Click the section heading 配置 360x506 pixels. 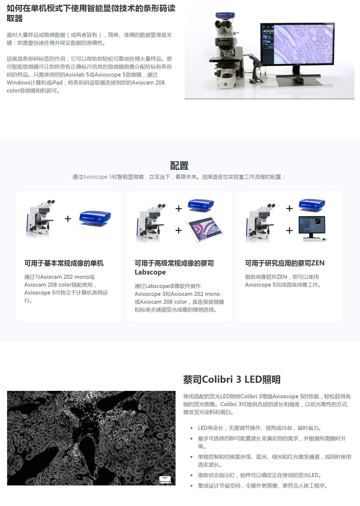point(179,166)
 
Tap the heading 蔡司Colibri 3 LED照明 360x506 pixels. point(232,379)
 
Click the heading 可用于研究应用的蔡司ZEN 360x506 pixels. point(285,263)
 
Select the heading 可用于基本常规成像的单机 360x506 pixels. point(64,263)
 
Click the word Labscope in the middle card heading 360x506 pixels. point(150,272)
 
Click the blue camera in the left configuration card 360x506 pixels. point(95,217)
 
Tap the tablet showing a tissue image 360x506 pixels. point(205,229)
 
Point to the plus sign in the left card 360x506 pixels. point(68,218)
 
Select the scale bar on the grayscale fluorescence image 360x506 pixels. point(165,480)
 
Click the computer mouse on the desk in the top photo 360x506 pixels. point(299,79)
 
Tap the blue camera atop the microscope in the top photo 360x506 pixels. point(225,16)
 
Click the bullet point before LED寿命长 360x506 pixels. point(192,428)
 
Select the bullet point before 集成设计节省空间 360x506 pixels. point(192,486)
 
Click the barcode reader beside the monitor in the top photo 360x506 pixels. point(256,68)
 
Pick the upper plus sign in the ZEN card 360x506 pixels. point(289,208)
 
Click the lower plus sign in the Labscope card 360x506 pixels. point(178,231)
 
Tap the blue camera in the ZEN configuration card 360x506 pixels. point(312,205)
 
